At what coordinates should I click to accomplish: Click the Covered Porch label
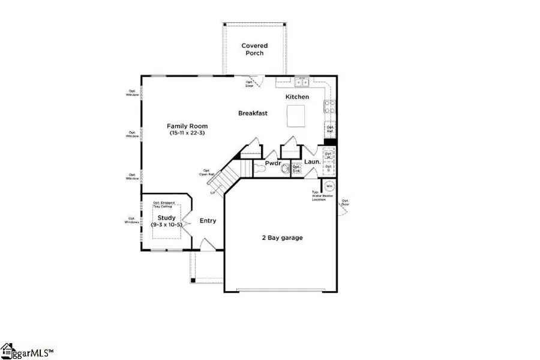click(x=254, y=49)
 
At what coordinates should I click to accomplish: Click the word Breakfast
click(x=253, y=113)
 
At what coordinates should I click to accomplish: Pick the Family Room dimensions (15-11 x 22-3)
click(x=187, y=133)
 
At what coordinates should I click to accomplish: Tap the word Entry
click(x=208, y=221)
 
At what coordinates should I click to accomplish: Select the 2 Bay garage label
click(x=281, y=238)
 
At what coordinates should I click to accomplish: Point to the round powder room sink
click(x=284, y=169)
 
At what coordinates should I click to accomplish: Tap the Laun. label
click(x=311, y=161)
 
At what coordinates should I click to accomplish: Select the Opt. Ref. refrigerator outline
click(x=329, y=128)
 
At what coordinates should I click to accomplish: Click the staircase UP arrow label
click(x=212, y=193)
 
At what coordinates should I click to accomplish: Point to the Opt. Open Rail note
click(x=207, y=172)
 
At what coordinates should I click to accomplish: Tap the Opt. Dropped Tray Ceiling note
click(x=164, y=205)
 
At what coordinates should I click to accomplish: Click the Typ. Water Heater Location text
click(x=319, y=196)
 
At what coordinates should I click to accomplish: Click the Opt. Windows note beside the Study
click(x=133, y=220)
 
